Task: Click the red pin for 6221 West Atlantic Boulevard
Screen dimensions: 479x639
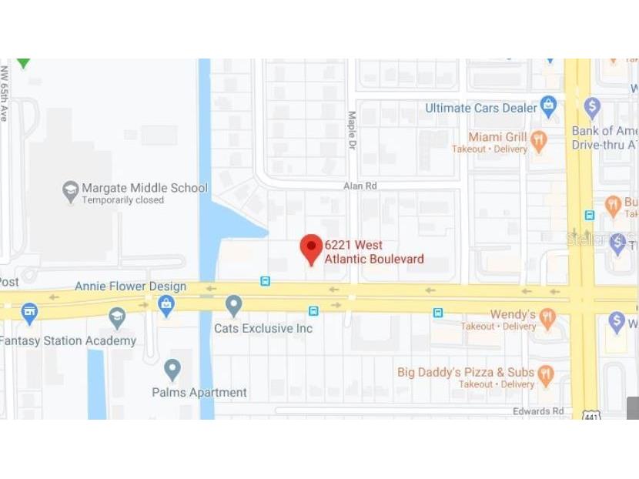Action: (311, 248)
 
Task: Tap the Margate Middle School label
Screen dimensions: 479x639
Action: (145, 188)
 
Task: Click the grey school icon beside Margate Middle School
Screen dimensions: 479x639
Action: (71, 189)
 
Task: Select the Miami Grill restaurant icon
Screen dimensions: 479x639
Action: (538, 139)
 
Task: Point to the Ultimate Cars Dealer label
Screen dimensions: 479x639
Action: (480, 108)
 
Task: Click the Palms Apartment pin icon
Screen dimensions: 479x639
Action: (172, 370)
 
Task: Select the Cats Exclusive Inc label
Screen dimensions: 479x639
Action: (263, 329)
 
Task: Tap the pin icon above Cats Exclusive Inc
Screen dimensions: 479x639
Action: (234, 305)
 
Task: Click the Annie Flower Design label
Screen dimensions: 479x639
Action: (130, 286)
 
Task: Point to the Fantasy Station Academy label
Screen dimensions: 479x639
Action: (68, 340)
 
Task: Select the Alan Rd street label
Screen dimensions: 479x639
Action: (360, 186)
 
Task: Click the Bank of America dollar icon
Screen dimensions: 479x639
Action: (591, 106)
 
